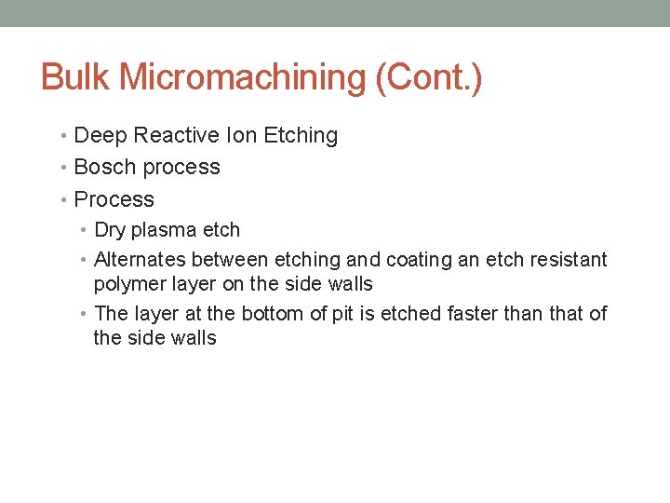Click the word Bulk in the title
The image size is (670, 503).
point(76,77)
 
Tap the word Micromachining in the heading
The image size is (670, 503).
point(242,77)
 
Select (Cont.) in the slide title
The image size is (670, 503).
point(428,77)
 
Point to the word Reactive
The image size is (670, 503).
point(177,136)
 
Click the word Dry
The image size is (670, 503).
point(111,230)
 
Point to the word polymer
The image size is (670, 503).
point(128,284)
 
